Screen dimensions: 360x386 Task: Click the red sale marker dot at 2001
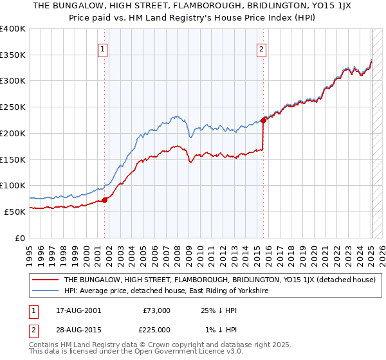[x=105, y=200]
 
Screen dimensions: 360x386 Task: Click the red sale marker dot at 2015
[x=264, y=120]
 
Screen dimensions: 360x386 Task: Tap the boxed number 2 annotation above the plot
[x=262, y=48]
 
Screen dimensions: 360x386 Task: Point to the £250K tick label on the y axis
[x=13, y=107]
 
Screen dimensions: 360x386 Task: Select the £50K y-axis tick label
[x=15, y=211]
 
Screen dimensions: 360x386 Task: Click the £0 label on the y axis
[x=21, y=237]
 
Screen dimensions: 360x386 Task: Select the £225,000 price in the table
[x=156, y=330]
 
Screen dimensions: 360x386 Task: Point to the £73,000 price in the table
[x=156, y=310]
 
